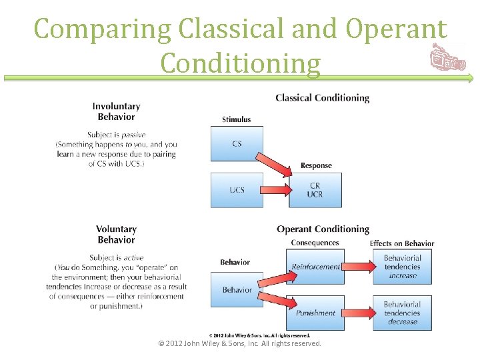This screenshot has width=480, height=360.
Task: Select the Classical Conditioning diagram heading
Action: tap(322, 98)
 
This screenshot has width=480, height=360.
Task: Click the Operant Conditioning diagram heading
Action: tap(323, 229)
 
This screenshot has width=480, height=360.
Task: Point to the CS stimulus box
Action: tap(237, 144)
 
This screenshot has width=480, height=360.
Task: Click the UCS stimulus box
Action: tap(237, 190)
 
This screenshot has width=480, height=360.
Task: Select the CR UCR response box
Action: tap(315, 190)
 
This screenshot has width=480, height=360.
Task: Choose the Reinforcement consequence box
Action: tap(315, 267)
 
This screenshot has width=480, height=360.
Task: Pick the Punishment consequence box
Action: tap(315, 313)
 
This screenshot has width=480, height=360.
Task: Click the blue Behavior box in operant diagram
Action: tap(237, 289)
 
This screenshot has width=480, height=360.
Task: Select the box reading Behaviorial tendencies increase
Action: tap(402, 267)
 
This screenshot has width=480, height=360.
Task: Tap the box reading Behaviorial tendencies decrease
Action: tap(402, 313)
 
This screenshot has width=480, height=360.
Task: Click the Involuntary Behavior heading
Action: tap(116, 111)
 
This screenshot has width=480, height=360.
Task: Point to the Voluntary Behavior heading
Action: tap(116, 235)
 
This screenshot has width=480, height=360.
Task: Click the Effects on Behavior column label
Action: tap(402, 243)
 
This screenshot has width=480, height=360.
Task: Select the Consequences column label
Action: tap(315, 243)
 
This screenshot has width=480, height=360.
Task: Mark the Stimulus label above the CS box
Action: tap(237, 120)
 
